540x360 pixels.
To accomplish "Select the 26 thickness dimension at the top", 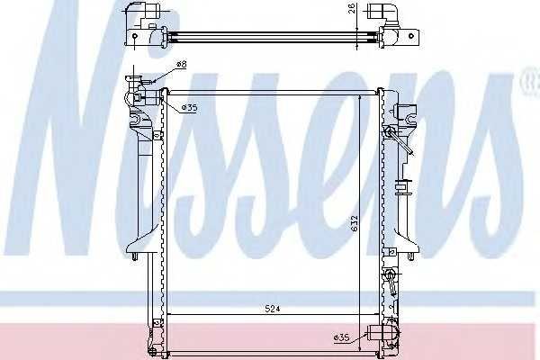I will pos(352,13).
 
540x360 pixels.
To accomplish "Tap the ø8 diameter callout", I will pos(182,64).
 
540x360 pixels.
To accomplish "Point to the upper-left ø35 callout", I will pos(189,108).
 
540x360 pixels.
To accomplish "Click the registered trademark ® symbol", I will pos(526,84).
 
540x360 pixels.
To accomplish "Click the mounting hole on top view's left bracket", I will pos(130,41).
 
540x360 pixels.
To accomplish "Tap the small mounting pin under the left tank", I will pos(135,257).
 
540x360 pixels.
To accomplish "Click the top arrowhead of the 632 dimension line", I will pos(362,97).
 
